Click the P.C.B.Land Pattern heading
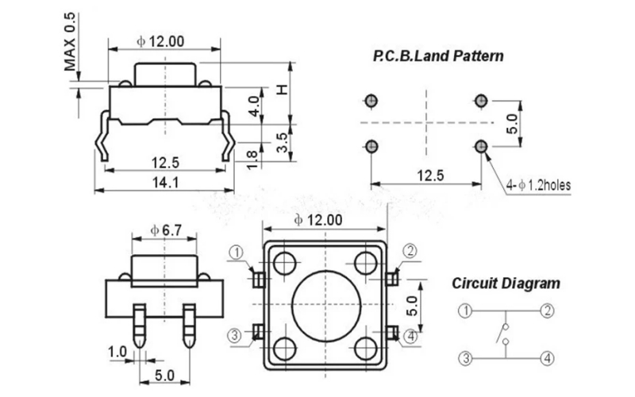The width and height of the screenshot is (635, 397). pos(438,57)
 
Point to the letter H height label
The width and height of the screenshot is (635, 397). pos(280,91)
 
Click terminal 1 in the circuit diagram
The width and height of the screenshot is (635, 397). pos(465,310)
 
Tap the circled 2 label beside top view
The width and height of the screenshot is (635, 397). pos(410,252)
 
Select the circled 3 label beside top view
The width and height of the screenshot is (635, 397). pos(235,335)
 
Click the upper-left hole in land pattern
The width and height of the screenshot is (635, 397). pos(371,100)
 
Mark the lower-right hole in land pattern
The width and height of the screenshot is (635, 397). pos(480,146)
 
